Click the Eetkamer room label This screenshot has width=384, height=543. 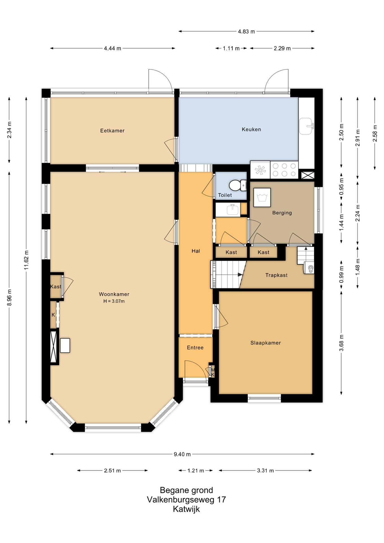[112, 131]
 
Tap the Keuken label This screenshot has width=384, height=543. [251, 129]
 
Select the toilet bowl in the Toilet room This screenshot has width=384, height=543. [237, 186]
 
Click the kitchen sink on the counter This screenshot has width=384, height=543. [307, 126]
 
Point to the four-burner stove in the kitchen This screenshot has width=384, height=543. [284, 170]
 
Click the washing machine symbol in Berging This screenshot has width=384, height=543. [262, 197]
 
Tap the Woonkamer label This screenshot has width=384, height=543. [114, 294]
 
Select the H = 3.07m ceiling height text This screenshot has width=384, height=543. [114, 301]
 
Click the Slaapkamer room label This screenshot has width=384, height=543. [266, 343]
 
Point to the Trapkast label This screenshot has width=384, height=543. [276, 275]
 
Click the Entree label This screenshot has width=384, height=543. [195, 348]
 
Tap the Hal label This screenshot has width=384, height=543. [196, 251]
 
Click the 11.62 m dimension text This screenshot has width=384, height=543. [26, 260]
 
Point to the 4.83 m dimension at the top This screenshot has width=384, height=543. [246, 31]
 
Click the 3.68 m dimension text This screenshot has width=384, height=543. [341, 343]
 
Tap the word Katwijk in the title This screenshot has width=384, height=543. [186, 509]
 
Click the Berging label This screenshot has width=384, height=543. [282, 213]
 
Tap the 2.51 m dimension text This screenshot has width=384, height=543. [112, 471]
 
